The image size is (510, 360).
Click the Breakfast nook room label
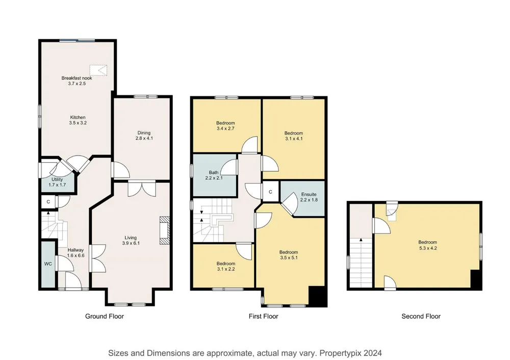pyautogui.click(x=77, y=78)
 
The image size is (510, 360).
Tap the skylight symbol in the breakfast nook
pyautogui.click(x=98, y=70)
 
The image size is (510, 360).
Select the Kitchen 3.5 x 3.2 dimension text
pyautogui.click(x=78, y=123)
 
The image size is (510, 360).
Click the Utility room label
pyautogui.click(x=57, y=179)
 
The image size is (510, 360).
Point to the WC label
pyautogui.click(x=48, y=264)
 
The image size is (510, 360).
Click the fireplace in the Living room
pyautogui.click(x=165, y=230)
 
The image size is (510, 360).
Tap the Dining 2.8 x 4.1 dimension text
pyautogui.click(x=144, y=138)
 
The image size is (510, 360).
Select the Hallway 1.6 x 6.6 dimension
pyautogui.click(x=76, y=255)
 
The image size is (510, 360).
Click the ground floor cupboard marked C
pyautogui.click(x=48, y=202)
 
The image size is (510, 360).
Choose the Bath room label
pyautogui.click(x=214, y=172)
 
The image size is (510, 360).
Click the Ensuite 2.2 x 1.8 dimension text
pyautogui.click(x=309, y=200)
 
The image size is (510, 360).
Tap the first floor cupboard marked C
pyautogui.click(x=270, y=192)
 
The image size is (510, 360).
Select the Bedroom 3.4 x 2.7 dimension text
pyautogui.click(x=225, y=128)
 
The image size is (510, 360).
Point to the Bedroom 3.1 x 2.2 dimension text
pyautogui.click(x=226, y=269)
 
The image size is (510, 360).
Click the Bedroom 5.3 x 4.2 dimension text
pyautogui.click(x=427, y=248)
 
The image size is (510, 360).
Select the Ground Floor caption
pyautogui.click(x=105, y=316)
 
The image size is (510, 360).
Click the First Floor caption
pyautogui.click(x=264, y=316)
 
